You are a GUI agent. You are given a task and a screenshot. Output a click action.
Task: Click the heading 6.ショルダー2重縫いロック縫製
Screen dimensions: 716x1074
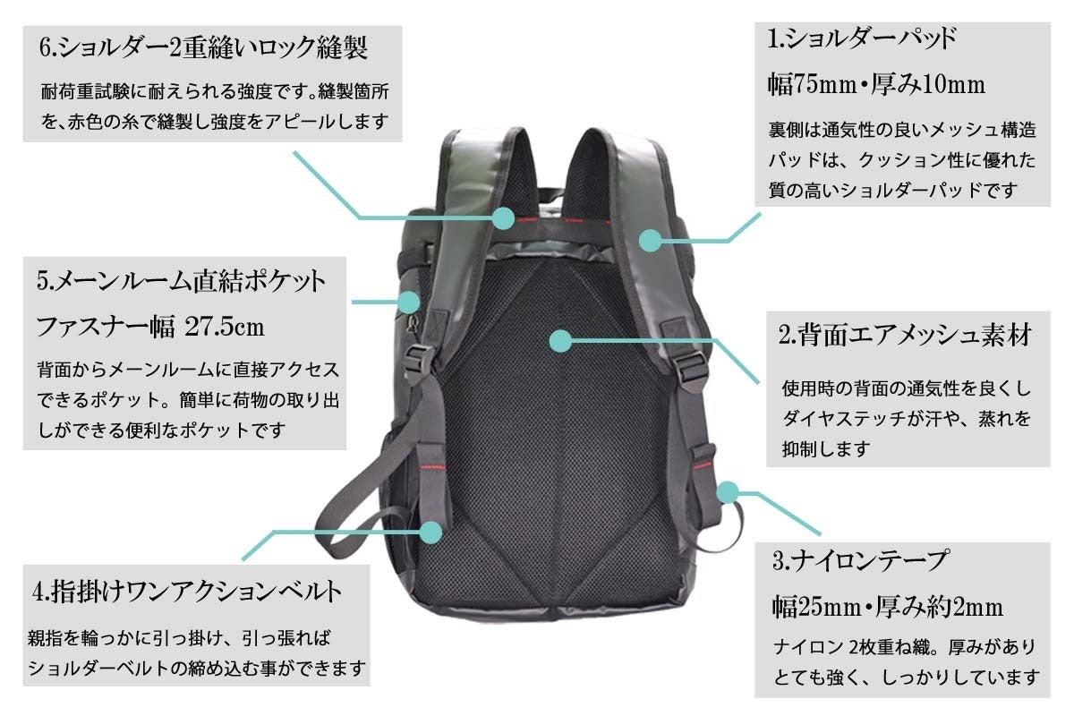click(203, 48)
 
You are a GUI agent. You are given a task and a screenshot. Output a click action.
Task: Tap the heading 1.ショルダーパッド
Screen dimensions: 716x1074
click(863, 38)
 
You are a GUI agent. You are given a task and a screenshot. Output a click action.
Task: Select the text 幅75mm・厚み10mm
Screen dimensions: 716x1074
click(876, 85)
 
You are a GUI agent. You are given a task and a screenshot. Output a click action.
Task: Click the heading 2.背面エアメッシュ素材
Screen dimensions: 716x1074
click(906, 337)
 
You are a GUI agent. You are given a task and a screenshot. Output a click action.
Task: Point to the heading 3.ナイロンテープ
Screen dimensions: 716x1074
click(860, 562)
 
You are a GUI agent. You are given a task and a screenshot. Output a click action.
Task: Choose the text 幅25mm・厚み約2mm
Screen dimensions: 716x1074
click(887, 608)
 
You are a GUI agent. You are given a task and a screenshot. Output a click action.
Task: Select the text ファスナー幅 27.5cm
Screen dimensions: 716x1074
click(150, 328)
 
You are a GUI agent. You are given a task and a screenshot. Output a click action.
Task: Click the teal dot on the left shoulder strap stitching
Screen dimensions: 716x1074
click(503, 217)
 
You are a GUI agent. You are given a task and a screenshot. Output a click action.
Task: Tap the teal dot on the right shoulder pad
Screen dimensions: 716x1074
click(651, 240)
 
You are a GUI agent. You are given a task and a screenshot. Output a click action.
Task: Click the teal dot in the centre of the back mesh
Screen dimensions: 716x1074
click(560, 340)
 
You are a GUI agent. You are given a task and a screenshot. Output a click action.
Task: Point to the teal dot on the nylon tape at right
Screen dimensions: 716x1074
click(729, 491)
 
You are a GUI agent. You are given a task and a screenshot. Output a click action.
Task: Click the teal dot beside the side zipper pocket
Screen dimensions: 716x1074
click(408, 302)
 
